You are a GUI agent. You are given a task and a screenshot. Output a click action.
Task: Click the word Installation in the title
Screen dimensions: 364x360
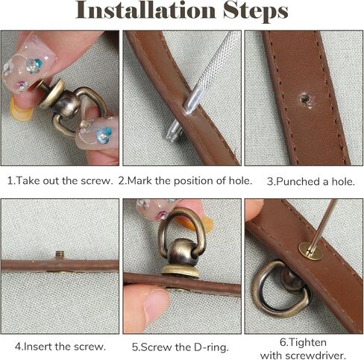[145, 10]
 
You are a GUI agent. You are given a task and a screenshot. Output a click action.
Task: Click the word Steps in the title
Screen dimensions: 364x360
[255, 11]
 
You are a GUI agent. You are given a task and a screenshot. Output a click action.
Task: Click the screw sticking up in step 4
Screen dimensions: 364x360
[60, 254]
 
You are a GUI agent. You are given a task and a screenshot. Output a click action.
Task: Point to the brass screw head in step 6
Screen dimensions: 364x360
[310, 251]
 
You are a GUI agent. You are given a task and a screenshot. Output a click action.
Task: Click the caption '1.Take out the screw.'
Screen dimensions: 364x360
[60, 180]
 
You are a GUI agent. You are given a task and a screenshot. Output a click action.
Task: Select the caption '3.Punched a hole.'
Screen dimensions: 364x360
[311, 182]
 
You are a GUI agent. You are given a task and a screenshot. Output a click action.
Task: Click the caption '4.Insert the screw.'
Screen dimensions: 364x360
[60, 347]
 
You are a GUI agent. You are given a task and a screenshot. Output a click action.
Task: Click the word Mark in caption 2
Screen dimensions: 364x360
[139, 180]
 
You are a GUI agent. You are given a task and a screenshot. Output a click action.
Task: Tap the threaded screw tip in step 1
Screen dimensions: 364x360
[43, 86]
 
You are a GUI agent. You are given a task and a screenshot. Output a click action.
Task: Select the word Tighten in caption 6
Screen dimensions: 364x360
[304, 342]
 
